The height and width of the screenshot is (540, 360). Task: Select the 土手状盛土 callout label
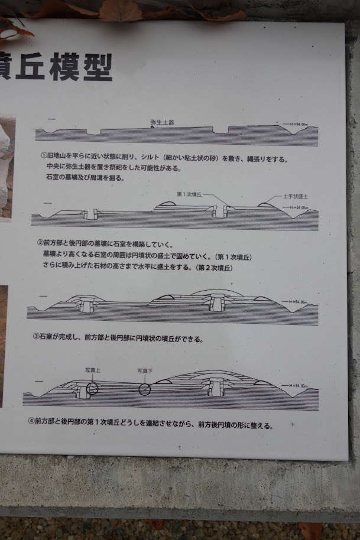296,196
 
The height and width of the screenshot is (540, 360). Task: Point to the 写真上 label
93,370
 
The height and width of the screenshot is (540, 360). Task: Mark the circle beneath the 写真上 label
92,388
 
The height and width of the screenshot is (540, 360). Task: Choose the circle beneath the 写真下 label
145,389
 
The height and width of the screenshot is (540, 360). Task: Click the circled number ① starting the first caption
43,158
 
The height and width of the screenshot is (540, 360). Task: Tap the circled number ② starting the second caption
40,243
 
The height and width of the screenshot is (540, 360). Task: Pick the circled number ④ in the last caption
32,422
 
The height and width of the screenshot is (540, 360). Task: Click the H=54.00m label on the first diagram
298,125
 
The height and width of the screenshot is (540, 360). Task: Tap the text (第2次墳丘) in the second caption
213,267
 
